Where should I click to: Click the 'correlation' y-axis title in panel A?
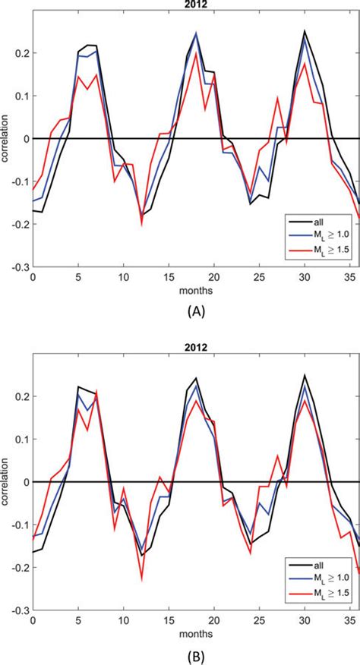click(7, 139)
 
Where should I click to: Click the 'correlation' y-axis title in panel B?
click(7, 482)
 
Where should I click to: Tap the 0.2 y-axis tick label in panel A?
click(21, 53)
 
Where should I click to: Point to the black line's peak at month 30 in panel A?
click(304, 31)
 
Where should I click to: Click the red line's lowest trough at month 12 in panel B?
click(141, 580)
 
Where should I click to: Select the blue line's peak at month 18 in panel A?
click(196, 33)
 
